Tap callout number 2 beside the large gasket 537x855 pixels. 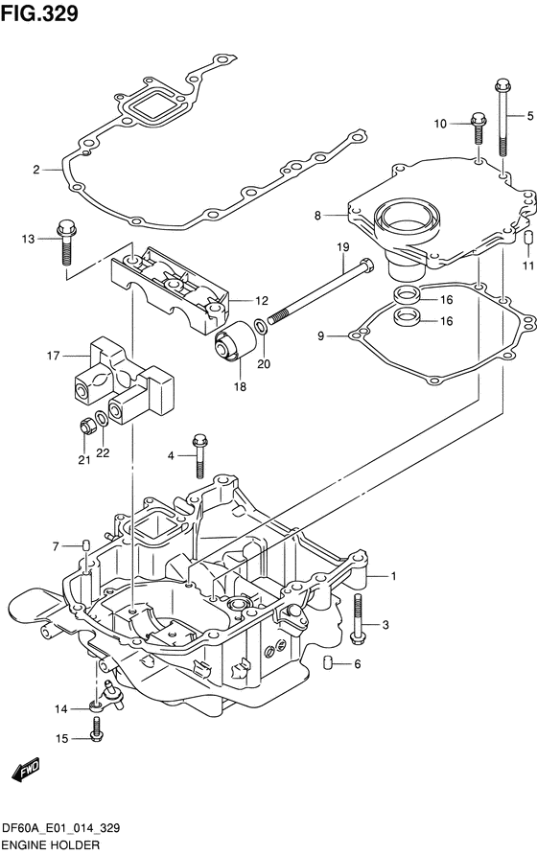[36, 170]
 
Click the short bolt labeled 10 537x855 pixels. [476, 125]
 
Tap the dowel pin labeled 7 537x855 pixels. [85, 546]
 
